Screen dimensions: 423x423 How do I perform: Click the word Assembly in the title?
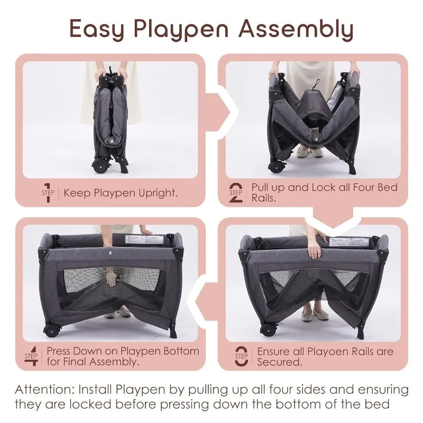click(296, 29)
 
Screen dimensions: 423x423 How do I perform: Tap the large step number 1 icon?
click(48, 192)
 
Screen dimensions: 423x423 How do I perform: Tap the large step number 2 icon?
click(235, 192)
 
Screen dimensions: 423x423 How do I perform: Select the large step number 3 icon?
click(241, 356)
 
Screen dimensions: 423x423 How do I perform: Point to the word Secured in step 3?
click(280, 362)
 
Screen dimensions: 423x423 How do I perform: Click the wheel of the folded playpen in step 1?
click(99, 166)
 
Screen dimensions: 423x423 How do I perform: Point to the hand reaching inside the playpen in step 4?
click(111, 279)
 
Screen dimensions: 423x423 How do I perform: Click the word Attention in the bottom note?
click(45, 389)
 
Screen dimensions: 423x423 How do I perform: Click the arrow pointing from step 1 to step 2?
click(221, 112)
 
